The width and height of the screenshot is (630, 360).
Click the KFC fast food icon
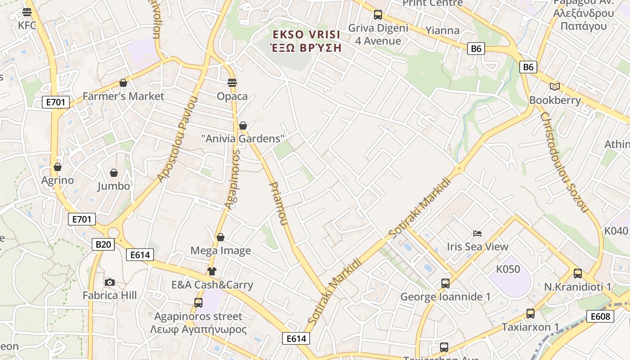pyautogui.click(x=27, y=12)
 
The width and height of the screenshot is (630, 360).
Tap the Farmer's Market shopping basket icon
pyautogui.click(x=123, y=83)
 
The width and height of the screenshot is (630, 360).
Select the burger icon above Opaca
pyautogui.click(x=232, y=83)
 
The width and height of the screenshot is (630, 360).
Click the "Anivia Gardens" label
pyautogui.click(x=243, y=139)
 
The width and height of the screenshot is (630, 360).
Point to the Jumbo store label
pyautogui.click(x=114, y=186)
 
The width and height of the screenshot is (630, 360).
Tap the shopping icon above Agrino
pyautogui.click(x=57, y=167)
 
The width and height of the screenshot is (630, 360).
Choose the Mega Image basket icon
pyautogui.click(x=220, y=237)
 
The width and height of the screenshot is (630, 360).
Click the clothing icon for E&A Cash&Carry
pyautogui.click(x=212, y=271)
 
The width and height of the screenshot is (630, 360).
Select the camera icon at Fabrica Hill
pyautogui.click(x=109, y=282)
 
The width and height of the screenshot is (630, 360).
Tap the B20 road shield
pyautogui.click(x=103, y=244)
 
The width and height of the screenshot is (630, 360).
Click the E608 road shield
pyautogui.click(x=600, y=316)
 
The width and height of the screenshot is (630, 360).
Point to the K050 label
pyautogui.click(x=508, y=269)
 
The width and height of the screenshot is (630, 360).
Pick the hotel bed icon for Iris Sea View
pyautogui.click(x=477, y=233)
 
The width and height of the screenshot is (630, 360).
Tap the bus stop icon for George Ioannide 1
pyautogui.click(x=445, y=283)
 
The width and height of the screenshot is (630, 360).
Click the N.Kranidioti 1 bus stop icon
pyautogui.click(x=578, y=273)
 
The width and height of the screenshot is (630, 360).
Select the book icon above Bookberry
pyautogui.click(x=555, y=86)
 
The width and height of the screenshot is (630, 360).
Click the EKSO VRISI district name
pyautogui.click(x=306, y=35)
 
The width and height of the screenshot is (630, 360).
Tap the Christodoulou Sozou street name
pyautogui.click(x=564, y=162)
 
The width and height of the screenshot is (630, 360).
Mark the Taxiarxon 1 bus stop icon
pyautogui.click(x=531, y=314)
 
